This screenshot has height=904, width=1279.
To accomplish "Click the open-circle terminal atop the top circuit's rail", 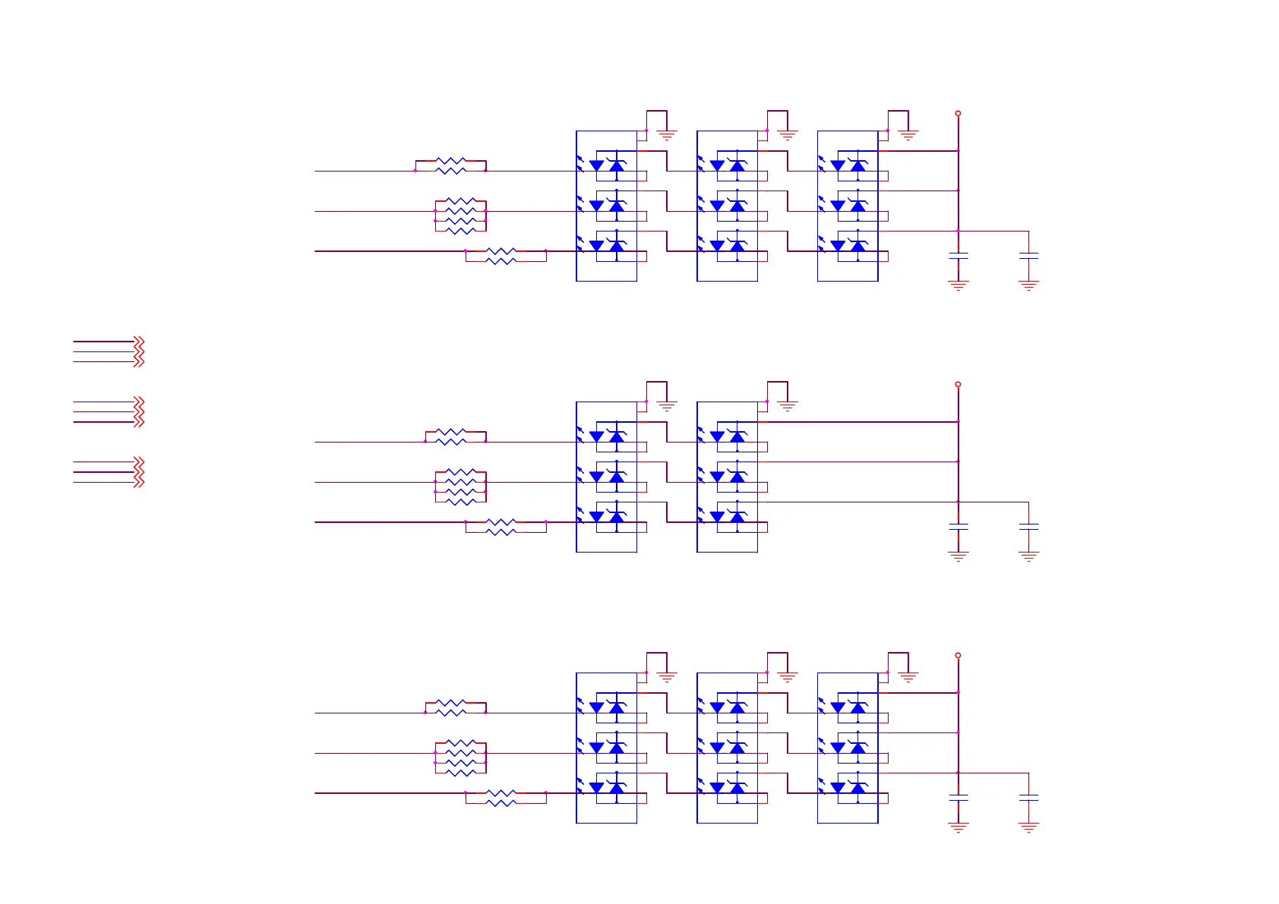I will [958, 113].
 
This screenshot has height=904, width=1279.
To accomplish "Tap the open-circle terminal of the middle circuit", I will [958, 384].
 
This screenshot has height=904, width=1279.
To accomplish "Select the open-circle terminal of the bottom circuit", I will [958, 655].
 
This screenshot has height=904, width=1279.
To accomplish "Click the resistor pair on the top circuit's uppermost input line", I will [450, 165].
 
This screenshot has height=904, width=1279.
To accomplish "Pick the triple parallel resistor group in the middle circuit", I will [460, 487].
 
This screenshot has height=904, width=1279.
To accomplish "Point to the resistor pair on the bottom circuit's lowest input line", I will [501, 798].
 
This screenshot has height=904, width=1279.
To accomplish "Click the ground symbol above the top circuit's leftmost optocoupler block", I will [667, 135].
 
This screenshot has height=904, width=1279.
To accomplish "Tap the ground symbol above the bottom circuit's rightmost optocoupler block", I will [908, 677].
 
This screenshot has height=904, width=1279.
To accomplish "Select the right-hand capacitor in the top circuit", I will [1028, 257].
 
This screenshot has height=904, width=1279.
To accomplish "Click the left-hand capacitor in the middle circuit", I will [958, 527].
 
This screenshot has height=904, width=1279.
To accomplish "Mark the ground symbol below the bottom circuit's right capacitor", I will [1028, 828].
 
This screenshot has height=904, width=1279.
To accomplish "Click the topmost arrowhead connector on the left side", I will [138, 342].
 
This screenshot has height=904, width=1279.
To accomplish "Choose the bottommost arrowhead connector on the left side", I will [138, 482].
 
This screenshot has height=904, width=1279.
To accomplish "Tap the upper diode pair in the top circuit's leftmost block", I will [608, 165].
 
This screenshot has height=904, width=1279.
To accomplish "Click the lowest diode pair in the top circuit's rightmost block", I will [848, 245].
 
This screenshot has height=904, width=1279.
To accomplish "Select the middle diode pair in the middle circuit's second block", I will [728, 476].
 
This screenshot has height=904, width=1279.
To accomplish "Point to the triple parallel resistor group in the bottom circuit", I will [460, 758].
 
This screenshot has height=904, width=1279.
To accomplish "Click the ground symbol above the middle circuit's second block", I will [788, 406].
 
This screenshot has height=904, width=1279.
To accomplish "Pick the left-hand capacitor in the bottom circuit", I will [958, 798].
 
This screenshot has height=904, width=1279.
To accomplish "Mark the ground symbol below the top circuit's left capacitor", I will [958, 286].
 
